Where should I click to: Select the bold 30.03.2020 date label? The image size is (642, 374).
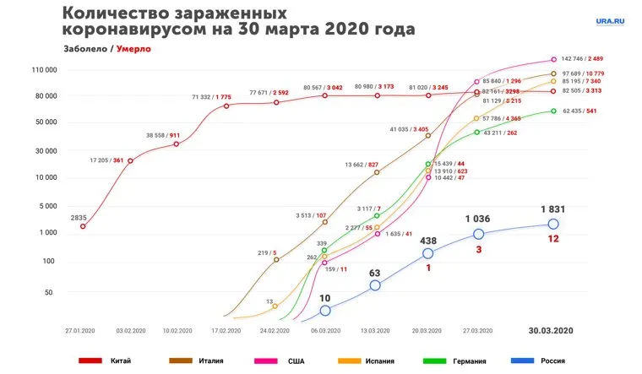point(551,329)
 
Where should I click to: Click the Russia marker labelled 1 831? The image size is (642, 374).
point(553,224)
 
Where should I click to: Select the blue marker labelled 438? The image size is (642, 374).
point(428,253)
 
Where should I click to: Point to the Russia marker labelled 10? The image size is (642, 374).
point(325,311)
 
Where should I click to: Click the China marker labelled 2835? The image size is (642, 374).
point(83,226)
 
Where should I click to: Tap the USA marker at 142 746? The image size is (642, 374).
point(553,59)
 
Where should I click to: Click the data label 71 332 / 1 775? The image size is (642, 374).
point(211,97)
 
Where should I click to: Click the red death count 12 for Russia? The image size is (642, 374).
point(553,239)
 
